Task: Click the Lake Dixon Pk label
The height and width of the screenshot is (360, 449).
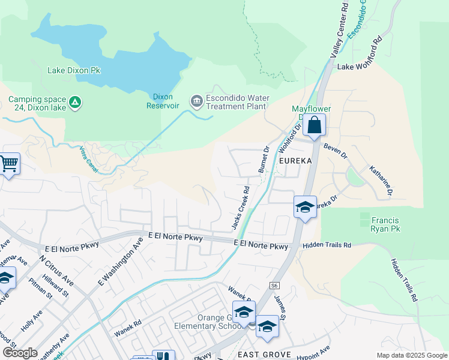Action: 74,70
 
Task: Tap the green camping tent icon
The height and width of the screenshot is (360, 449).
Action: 74,103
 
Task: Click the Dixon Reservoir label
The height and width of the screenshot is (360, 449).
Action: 163,101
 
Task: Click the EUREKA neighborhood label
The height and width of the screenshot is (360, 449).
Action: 295,161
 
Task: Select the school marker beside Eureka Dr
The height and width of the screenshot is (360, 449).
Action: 305,208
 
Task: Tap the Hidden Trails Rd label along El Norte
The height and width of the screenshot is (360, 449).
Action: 326,245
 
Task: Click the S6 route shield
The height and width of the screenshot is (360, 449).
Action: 274,286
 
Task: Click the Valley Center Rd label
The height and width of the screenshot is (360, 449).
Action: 338,30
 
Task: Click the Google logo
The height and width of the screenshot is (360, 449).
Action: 20,353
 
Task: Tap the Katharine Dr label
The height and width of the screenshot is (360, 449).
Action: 381,181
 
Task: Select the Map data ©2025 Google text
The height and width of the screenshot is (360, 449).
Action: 411,355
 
